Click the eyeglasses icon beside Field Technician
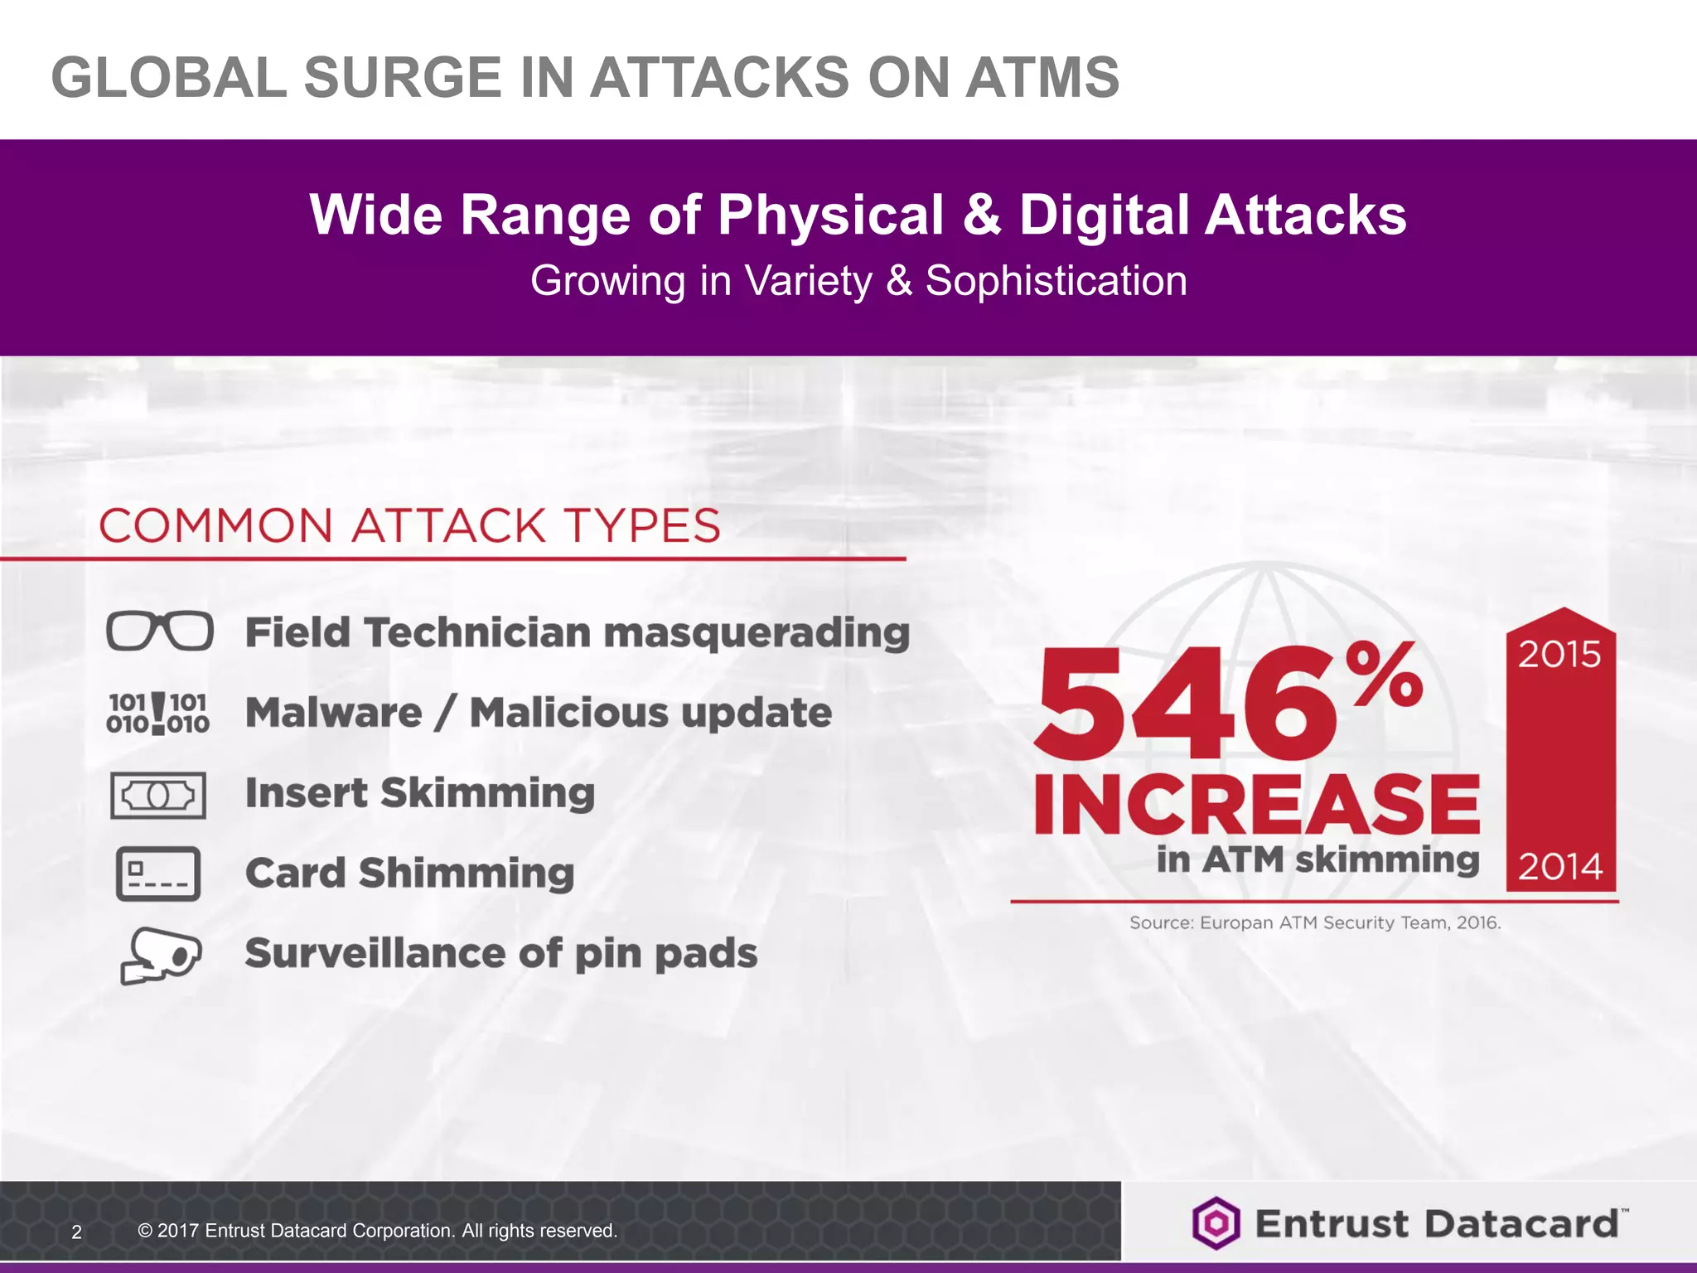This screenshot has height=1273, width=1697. point(159,632)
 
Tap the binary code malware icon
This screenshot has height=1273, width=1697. point(157,713)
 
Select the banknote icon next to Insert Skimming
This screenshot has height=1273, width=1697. point(158,795)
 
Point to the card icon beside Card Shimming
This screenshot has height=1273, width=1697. point(158,874)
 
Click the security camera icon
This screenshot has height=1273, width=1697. point(161,955)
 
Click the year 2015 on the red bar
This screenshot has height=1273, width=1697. point(1559,655)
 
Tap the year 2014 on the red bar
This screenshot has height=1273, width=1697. point(1559,867)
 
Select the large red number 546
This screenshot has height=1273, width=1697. point(1185,704)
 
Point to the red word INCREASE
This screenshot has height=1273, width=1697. point(1256,804)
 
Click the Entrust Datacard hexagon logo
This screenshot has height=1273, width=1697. point(1216,1223)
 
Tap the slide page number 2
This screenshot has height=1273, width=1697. point(77,1232)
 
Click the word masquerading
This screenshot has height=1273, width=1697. point(756,633)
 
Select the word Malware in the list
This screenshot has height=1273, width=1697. point(334,713)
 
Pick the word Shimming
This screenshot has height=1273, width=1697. point(467,874)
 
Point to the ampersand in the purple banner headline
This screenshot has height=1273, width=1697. point(982,215)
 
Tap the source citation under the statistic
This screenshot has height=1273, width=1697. point(1315,922)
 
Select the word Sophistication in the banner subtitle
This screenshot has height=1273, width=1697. point(1056,281)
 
